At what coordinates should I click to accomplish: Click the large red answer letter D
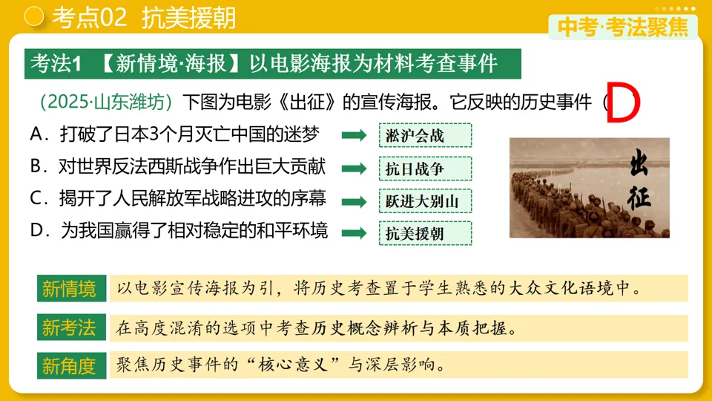[x=622, y=105]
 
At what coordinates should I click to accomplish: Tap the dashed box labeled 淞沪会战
[x=425, y=135]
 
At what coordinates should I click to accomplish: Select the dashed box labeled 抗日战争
[x=425, y=169]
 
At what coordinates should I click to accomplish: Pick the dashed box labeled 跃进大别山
[x=425, y=201]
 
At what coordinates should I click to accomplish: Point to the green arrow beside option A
[x=354, y=135]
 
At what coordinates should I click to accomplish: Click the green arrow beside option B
[x=354, y=169]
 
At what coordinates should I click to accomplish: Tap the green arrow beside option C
[x=354, y=201]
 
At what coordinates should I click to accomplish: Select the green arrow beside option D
[x=354, y=233]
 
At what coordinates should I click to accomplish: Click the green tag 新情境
[x=69, y=288]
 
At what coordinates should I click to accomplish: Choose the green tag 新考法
[x=69, y=327]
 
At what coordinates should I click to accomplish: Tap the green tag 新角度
[x=69, y=365]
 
